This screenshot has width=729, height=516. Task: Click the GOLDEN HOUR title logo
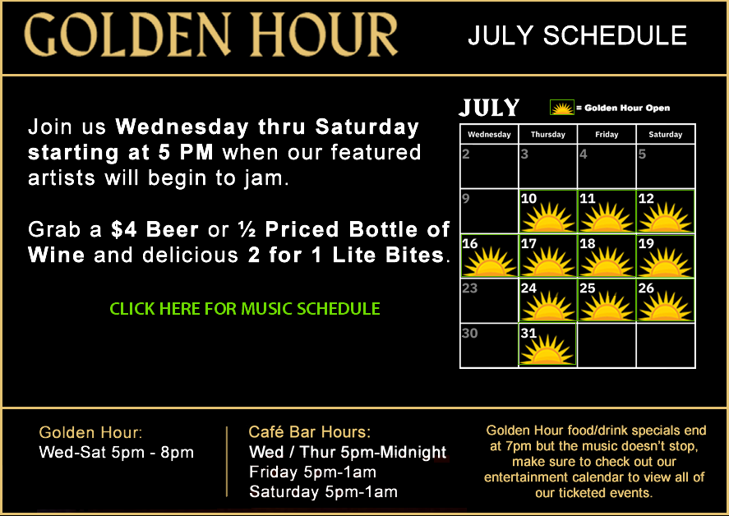tap(210, 35)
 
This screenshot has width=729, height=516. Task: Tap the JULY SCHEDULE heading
tap(577, 36)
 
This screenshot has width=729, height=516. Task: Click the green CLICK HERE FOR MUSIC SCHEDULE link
tap(245, 309)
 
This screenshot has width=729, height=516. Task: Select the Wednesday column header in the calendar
tap(489, 135)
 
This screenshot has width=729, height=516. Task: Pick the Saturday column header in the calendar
tap(666, 135)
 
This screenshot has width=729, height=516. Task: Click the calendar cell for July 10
tap(547, 211)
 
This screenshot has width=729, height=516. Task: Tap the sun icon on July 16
tap(490, 262)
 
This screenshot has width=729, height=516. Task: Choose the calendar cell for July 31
tap(547, 345)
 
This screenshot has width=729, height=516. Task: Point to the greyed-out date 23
tap(469, 288)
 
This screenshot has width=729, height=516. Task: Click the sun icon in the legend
tap(562, 108)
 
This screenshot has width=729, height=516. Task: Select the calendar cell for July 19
tap(666, 256)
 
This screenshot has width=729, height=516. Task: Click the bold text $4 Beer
tap(155, 229)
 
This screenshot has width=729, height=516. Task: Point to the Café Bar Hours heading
tap(310, 432)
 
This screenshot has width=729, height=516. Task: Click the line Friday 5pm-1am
tap(312, 472)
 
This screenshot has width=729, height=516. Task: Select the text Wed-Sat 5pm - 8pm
tap(116, 452)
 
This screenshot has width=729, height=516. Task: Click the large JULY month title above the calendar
tap(489, 108)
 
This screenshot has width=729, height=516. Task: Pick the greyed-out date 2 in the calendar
tap(466, 154)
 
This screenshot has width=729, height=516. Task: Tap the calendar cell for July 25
tap(607, 301)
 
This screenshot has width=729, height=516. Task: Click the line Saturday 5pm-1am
tap(323, 491)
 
